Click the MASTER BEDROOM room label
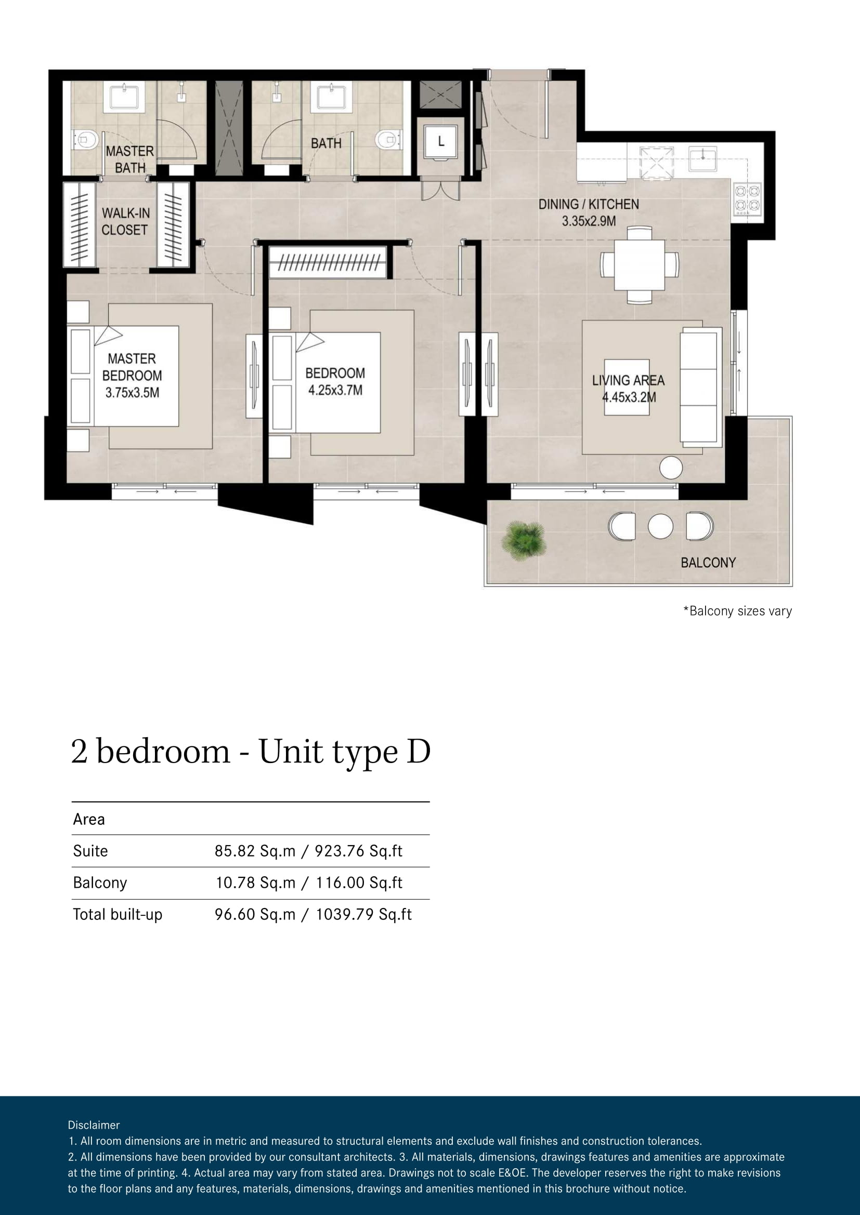pos(132,376)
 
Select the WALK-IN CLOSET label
pos(125,221)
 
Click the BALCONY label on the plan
pos(708,563)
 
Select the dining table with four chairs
pos(640,264)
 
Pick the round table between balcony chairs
pos(660,527)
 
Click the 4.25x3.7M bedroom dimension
pos(336,391)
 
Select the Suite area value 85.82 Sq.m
pos(255,851)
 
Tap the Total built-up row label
pos(118,914)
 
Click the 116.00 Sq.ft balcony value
pos(359,883)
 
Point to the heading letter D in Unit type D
pos(419,752)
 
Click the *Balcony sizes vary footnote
pos(738,611)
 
